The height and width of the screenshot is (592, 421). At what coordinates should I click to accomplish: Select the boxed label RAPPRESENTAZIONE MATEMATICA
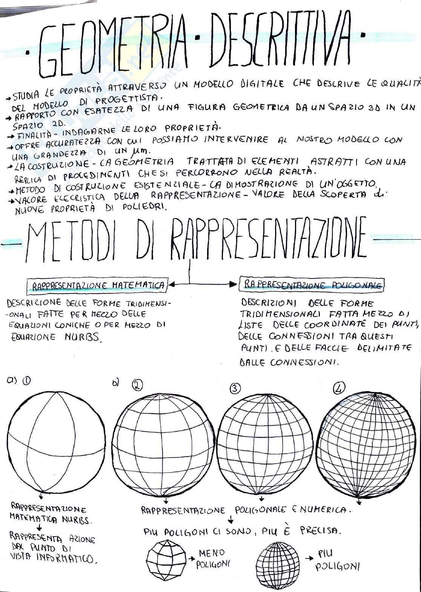tap(97, 286)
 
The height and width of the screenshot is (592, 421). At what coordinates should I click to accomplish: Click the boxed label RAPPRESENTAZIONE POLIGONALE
tap(312, 285)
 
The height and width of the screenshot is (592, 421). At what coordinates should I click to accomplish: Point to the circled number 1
tap(26, 381)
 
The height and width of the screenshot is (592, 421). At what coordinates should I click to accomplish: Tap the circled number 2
tap(137, 385)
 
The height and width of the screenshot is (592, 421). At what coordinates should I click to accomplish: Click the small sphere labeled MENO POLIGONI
tap(164, 561)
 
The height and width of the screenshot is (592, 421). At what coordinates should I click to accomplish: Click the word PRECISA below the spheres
tap(321, 531)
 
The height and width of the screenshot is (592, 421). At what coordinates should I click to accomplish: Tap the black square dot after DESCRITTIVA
tap(363, 36)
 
